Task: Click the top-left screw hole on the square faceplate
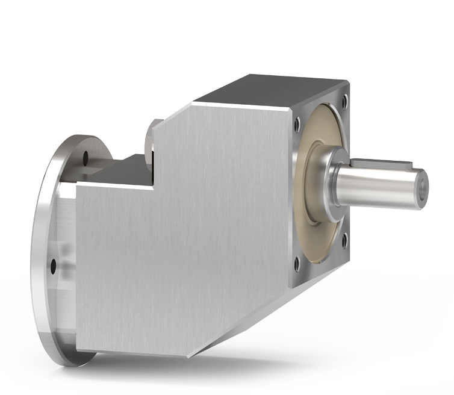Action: (x=297, y=126)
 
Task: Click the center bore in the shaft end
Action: (x=423, y=187)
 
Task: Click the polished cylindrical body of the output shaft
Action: (x=379, y=187)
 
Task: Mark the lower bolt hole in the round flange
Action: (x=54, y=264)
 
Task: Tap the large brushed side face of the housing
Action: (x=181, y=253)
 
